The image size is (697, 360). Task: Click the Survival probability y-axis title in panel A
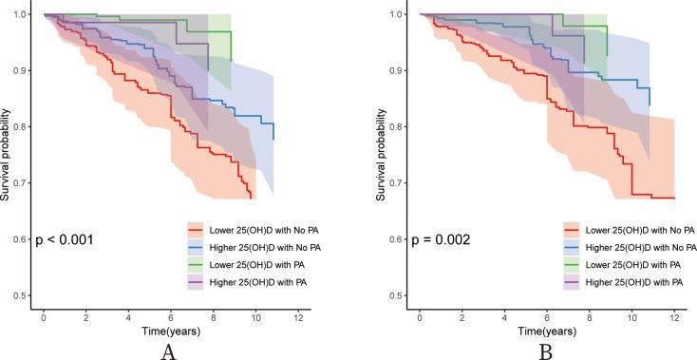click(7, 155)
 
